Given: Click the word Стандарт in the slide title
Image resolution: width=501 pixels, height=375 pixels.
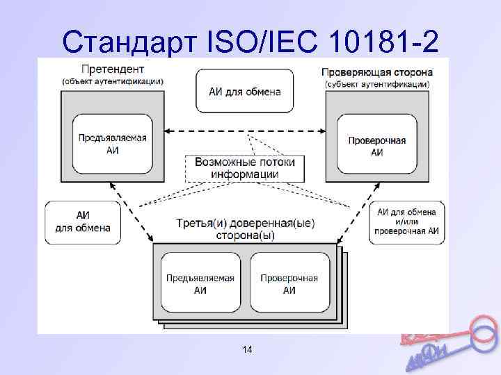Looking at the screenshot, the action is [129, 43].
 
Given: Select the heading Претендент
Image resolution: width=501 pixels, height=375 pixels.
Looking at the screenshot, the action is [113, 69].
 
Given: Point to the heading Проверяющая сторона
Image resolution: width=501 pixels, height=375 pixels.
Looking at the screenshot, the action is [377, 72].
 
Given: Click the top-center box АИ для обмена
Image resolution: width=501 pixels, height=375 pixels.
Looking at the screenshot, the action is [245, 91].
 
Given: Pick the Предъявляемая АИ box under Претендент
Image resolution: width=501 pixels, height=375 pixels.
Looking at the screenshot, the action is [112, 144].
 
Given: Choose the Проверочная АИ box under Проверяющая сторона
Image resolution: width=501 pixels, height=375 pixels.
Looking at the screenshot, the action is [376, 146].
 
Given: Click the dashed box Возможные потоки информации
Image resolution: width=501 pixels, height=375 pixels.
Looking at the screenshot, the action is [245, 167].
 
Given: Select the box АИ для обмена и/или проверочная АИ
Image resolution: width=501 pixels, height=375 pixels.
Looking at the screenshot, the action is [406, 221].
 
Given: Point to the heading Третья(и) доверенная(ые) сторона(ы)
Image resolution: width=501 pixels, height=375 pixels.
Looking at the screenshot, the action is [244, 228].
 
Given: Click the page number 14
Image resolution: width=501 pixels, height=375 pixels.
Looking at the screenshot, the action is [247, 350].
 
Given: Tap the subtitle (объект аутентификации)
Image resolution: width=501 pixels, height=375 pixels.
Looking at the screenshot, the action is [113, 81].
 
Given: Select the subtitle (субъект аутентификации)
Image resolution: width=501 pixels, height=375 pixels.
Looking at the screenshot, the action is [377, 84].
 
